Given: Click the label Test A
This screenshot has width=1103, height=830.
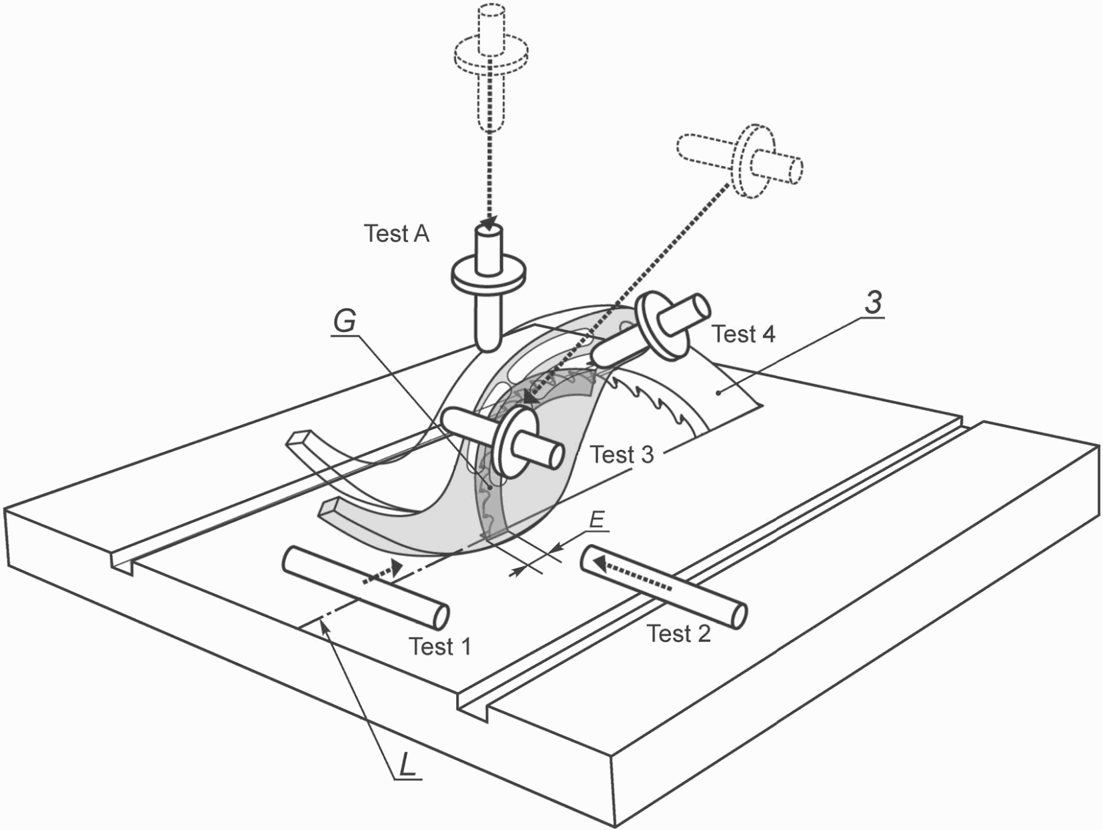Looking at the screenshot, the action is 397,234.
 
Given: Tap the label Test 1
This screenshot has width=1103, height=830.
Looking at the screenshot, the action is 440,646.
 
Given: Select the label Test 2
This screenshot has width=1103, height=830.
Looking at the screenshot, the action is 678,633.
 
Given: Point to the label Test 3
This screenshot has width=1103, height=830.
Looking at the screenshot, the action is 622,455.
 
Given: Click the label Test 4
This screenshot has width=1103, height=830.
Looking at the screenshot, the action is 744,334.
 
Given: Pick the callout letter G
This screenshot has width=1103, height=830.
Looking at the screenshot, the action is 345,321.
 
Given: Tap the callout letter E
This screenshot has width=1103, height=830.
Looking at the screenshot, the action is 596,519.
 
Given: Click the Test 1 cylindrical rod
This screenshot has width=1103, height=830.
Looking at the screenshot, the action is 366,588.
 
